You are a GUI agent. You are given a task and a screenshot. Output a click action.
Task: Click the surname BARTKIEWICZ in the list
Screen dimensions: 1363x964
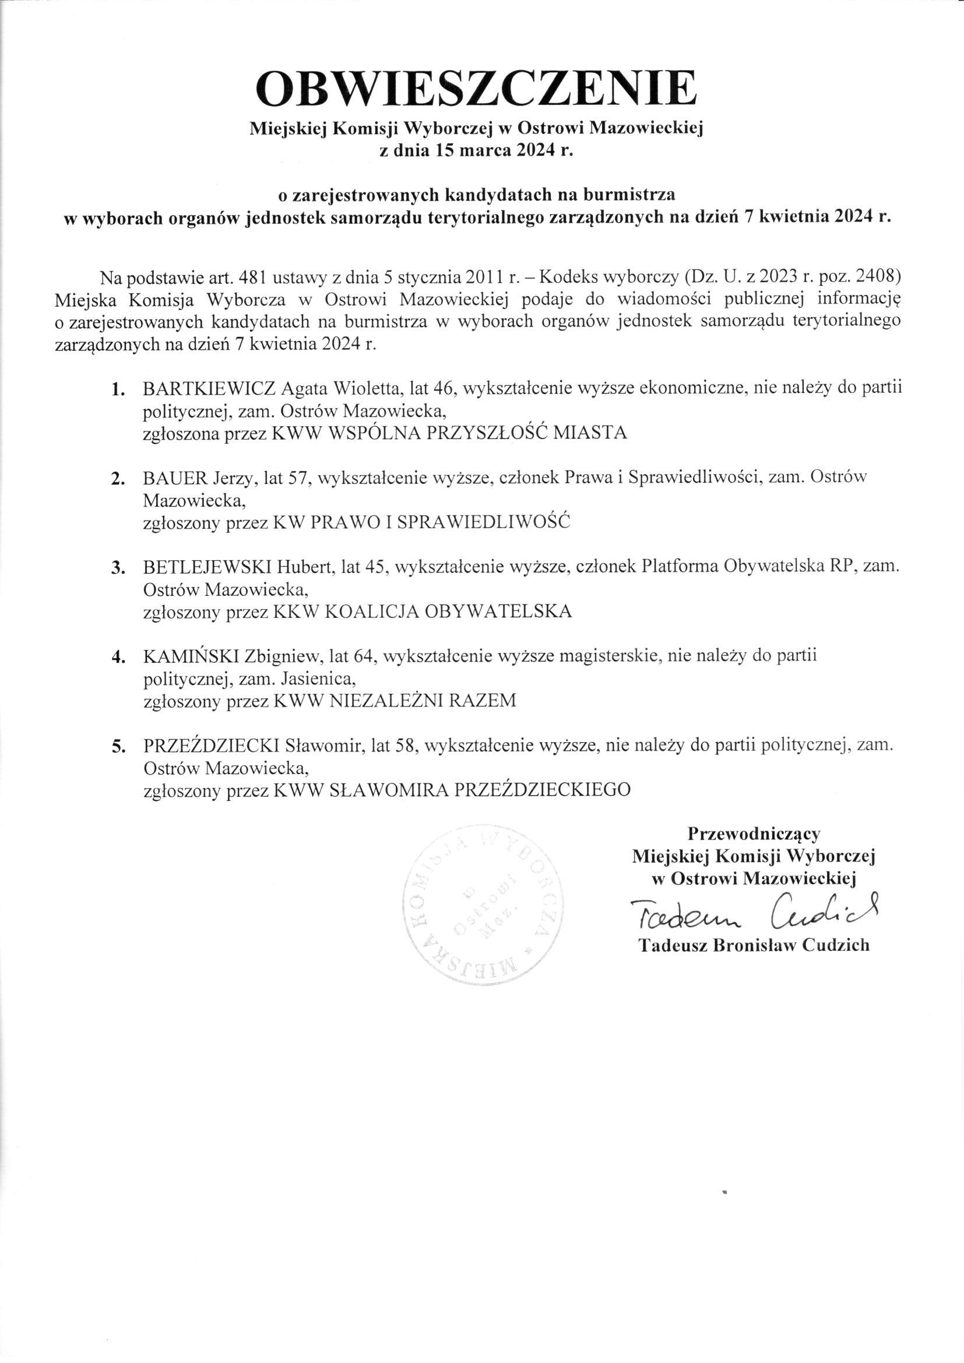coord(208,389)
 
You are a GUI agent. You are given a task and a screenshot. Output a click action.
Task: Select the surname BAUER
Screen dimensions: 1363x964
coord(175,479)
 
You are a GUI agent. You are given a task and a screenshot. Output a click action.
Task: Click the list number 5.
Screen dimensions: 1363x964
coord(118,747)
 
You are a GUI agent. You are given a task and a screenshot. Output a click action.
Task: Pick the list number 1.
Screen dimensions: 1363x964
coord(118,390)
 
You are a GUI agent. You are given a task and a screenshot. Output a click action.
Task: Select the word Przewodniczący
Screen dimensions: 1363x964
coord(754,834)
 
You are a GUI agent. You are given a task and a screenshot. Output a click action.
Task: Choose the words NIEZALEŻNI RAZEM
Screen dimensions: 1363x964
coord(422,701)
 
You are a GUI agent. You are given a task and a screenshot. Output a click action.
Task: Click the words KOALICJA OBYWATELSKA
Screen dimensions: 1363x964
coord(449,612)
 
